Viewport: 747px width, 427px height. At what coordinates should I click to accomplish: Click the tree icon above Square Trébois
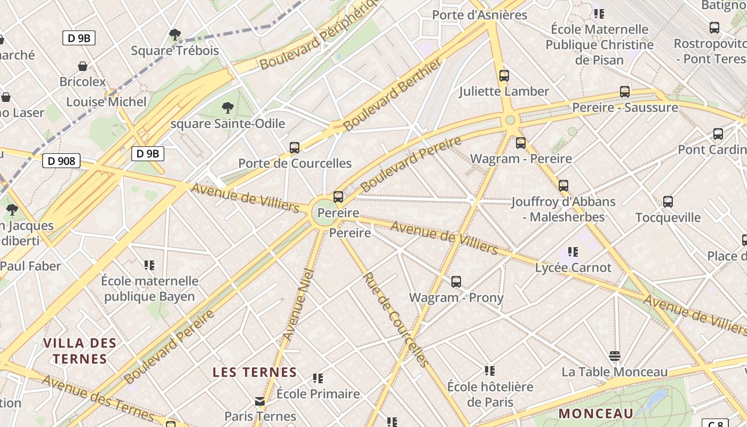174,35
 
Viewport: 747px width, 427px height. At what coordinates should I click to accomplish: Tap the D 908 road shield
61,160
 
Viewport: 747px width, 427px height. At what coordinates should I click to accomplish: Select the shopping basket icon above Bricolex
83,66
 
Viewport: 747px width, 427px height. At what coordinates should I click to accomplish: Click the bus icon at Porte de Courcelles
294,148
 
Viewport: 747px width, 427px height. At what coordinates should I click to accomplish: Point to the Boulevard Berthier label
393,95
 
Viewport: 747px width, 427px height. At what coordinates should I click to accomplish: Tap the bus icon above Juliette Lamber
504,76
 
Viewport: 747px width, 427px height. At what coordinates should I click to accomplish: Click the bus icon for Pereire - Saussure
625,92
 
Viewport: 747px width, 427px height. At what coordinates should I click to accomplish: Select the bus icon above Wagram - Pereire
521,143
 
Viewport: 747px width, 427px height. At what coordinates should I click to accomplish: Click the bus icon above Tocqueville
668,202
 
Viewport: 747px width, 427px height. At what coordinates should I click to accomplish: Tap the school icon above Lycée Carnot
573,251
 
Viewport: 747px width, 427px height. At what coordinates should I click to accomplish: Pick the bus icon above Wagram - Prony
456,282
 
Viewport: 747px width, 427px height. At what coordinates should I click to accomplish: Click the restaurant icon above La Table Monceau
615,356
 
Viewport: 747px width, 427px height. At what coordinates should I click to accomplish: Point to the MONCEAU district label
596,413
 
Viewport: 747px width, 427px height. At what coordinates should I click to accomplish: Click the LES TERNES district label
255,372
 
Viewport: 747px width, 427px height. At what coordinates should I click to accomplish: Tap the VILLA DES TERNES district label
80,351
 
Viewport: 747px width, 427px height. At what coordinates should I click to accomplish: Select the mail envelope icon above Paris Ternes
260,401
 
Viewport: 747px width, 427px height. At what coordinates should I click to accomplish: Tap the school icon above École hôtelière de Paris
490,370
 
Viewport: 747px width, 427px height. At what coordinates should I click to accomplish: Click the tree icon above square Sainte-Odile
228,108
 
